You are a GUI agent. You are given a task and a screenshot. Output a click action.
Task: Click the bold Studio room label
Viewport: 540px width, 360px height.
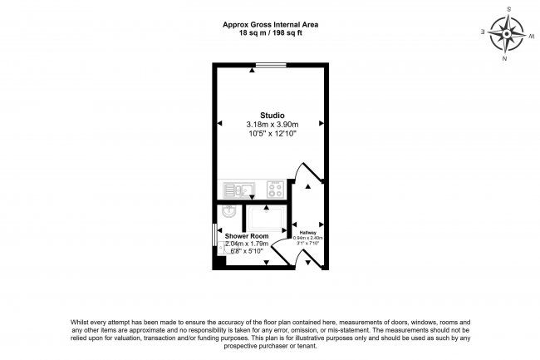(272, 115)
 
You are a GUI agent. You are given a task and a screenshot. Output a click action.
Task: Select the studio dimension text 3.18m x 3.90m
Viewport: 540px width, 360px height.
(272, 124)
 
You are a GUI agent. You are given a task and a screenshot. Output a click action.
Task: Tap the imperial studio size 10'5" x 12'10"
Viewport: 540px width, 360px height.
(272, 133)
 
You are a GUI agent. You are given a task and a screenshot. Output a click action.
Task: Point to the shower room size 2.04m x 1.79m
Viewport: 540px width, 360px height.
(248, 244)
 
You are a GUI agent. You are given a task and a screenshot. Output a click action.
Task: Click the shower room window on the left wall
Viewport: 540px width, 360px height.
(214, 234)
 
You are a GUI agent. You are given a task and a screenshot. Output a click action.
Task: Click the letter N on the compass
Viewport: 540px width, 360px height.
(504, 60)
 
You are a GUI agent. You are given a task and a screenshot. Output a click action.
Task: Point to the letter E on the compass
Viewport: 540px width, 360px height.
(482, 32)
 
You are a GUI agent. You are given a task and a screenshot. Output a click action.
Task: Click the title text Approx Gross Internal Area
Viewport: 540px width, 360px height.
(271, 25)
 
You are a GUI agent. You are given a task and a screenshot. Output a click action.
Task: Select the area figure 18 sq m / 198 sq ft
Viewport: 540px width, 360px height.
(271, 33)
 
